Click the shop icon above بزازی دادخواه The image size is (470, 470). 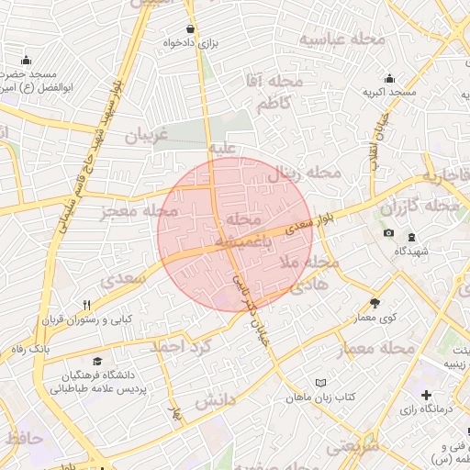(190, 28)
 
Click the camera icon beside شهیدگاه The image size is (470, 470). (388, 233)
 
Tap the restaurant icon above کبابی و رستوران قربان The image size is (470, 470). (86, 306)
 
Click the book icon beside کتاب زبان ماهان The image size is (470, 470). (319, 382)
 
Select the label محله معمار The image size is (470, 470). (376, 348)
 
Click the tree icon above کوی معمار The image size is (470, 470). (375, 302)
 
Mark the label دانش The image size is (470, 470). (216, 400)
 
